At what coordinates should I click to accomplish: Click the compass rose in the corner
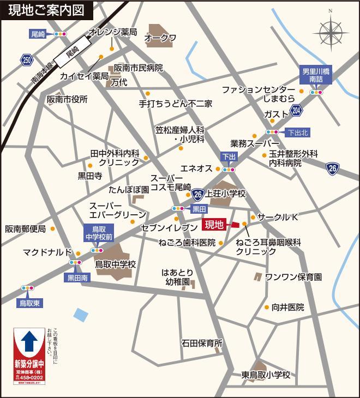coord(330,30)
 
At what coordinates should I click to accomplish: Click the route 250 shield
coord(27,59)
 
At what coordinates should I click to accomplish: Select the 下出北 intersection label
coord(298,132)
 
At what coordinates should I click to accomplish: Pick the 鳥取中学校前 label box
coord(99,233)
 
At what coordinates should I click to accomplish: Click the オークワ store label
coord(160,38)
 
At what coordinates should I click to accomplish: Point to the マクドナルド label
coord(47,252)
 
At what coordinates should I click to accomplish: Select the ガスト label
coord(275,114)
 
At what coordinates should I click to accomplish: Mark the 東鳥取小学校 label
coord(266,375)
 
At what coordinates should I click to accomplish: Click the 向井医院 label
coord(287,307)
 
